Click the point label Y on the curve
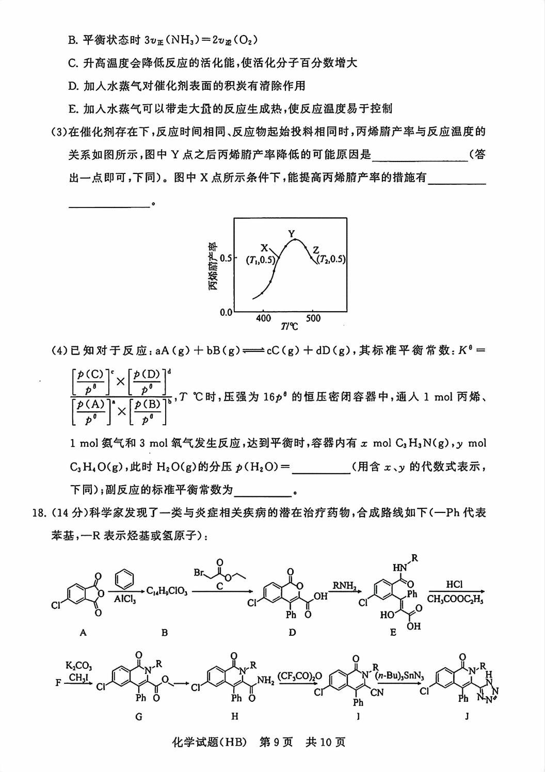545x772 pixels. click(x=292, y=233)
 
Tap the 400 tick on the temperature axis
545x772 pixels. click(x=263, y=318)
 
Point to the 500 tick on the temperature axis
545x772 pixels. click(x=313, y=318)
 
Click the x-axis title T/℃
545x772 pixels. click(x=290, y=326)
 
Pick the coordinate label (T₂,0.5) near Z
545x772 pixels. click(x=330, y=260)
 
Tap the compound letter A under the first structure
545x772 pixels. click(x=83, y=632)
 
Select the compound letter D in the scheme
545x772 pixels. click(x=292, y=633)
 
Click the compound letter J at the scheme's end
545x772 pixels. click(x=467, y=716)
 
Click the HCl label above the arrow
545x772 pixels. click(x=454, y=584)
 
